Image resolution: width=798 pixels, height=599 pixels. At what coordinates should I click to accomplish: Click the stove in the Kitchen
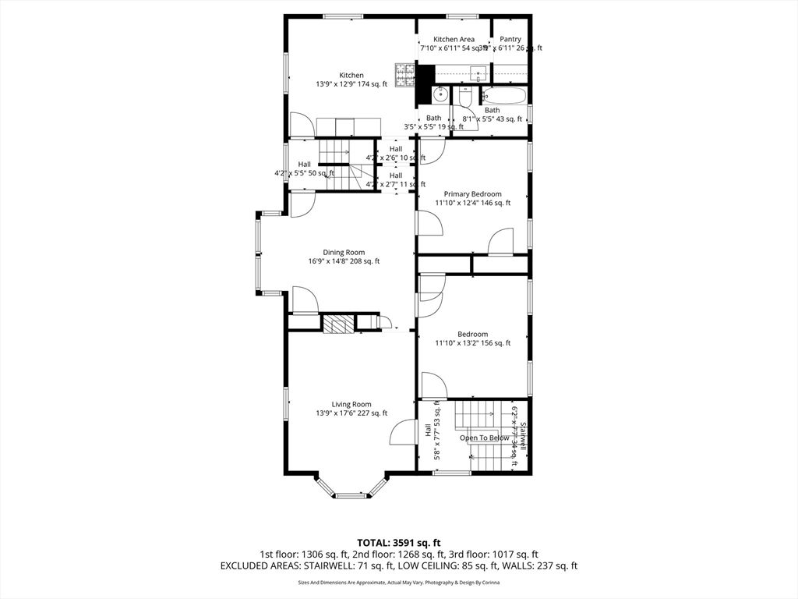pos(404,76)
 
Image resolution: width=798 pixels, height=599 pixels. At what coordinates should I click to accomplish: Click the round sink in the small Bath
pos(440,94)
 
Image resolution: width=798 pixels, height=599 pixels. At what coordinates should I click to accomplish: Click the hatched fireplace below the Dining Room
pos(338,324)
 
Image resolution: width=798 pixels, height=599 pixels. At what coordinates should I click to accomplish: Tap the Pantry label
pos(510,39)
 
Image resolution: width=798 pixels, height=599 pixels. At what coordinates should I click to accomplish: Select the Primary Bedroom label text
pos(472,194)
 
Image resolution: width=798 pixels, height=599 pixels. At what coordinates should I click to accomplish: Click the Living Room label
pos(351,404)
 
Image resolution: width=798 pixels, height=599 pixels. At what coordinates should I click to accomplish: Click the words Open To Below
pos(484,438)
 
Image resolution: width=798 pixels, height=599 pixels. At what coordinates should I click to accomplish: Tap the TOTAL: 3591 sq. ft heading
pos(398,542)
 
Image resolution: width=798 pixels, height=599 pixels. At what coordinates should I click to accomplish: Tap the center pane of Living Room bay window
pos(351,494)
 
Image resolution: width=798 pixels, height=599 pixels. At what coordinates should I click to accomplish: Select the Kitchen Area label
pos(454,39)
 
